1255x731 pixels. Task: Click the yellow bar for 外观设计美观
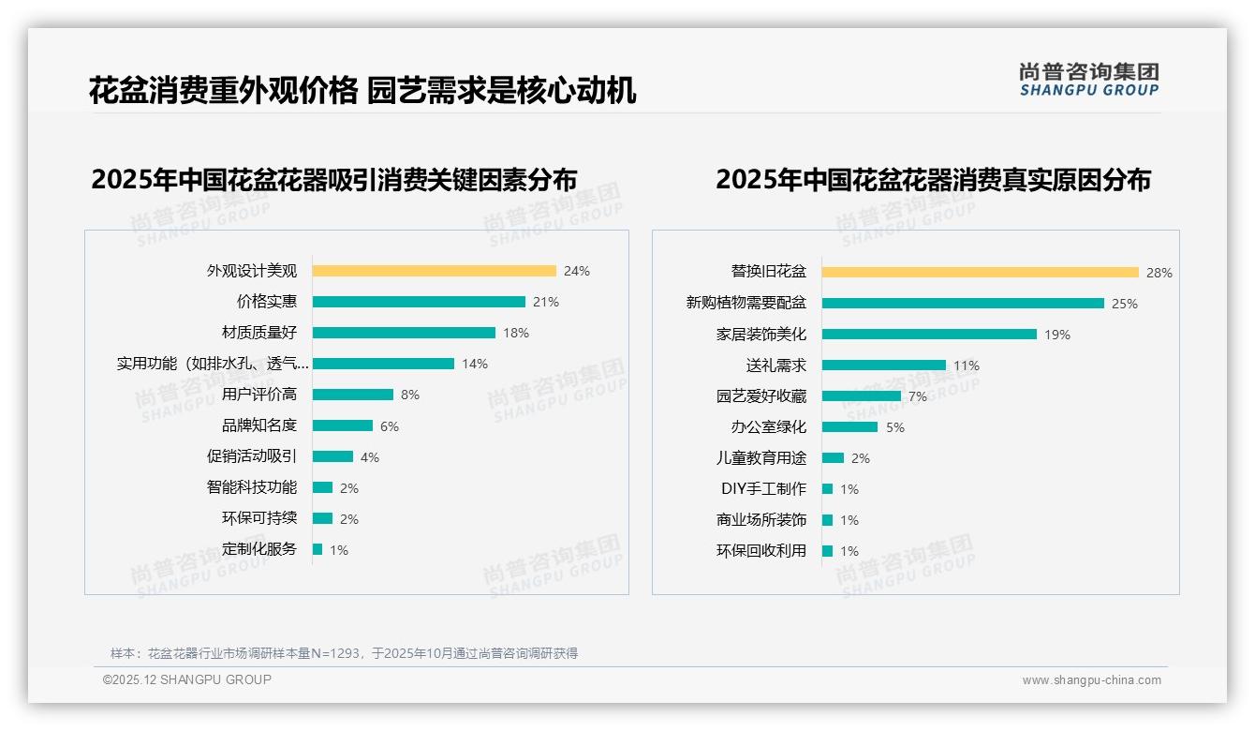[x=434, y=271]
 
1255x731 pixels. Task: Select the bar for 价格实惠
[x=419, y=302]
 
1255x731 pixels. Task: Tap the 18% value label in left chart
[x=516, y=333]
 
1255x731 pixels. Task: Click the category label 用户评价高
[x=259, y=395]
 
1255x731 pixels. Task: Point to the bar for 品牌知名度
[x=342, y=425]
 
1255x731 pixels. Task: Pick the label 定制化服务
[x=259, y=549]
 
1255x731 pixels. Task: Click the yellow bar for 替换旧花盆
[x=980, y=273]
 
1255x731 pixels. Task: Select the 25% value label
[x=1124, y=304]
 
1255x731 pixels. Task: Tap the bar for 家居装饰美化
[x=929, y=335]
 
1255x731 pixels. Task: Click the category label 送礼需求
[x=775, y=365]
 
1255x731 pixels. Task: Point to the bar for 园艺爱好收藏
[x=861, y=396]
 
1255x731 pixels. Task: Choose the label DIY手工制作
[x=763, y=489]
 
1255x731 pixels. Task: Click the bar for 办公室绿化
[x=849, y=427]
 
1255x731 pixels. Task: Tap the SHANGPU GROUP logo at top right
[x=1088, y=80]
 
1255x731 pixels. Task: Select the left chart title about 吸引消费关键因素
[x=333, y=179]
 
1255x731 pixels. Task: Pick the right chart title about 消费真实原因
[x=933, y=179]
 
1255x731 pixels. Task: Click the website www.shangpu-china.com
[x=1091, y=680]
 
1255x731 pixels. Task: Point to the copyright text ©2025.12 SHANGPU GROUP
[x=187, y=679]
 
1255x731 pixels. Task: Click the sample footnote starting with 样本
[x=344, y=653]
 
